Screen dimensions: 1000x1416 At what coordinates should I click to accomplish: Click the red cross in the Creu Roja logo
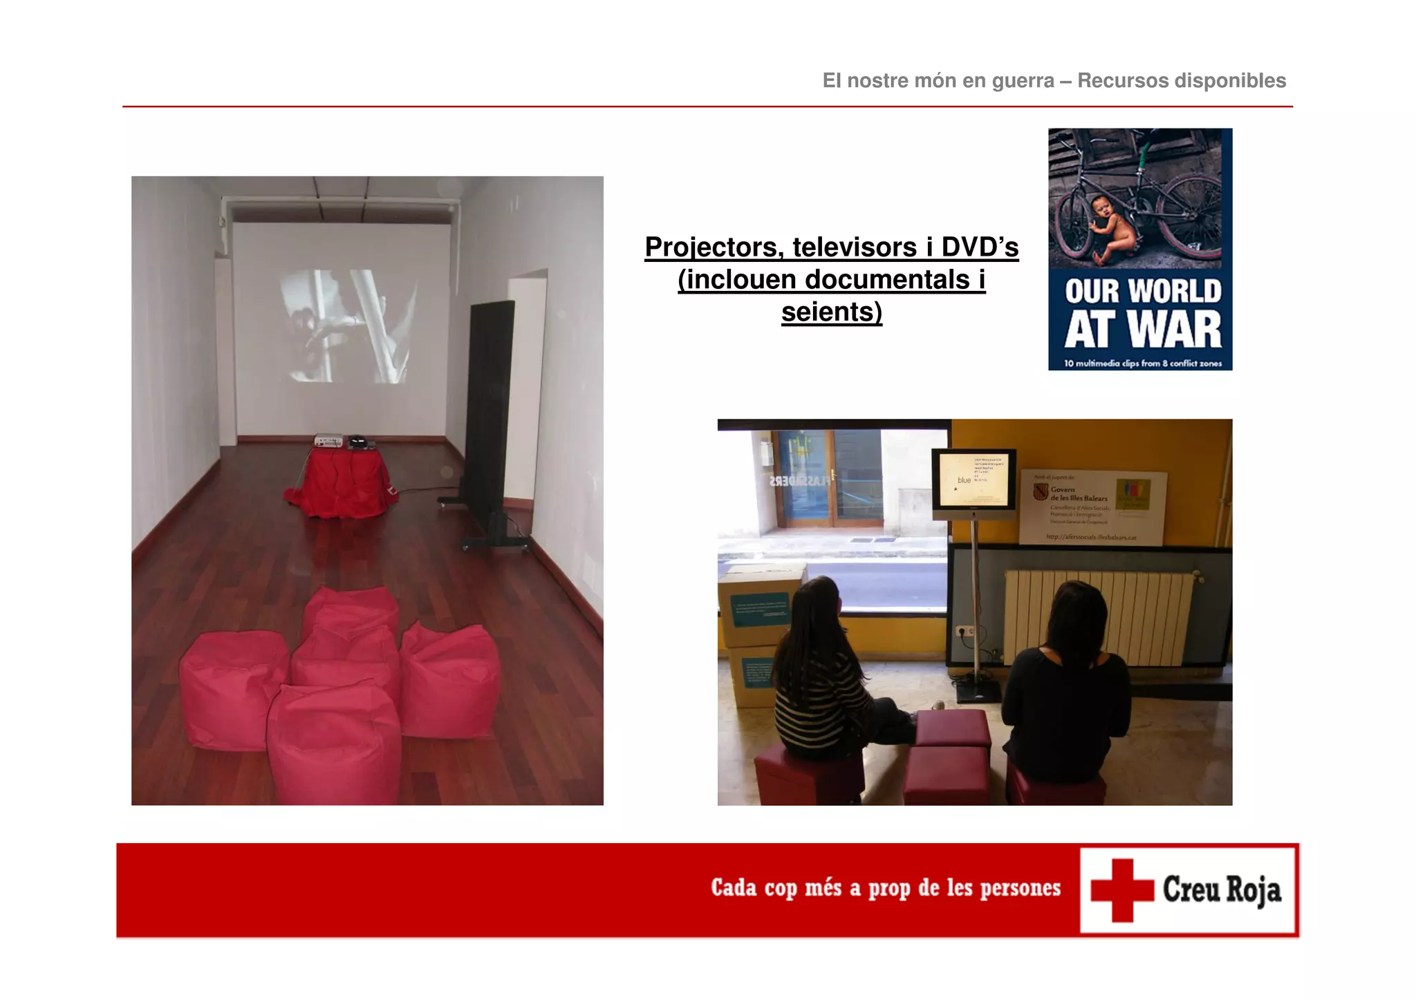[1122, 890]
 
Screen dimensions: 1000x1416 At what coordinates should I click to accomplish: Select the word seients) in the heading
[832, 312]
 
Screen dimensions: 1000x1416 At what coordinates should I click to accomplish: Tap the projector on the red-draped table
[328, 441]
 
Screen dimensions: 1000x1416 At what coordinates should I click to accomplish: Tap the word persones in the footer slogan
[1020, 888]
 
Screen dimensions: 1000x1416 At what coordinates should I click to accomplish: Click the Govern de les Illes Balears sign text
[1079, 494]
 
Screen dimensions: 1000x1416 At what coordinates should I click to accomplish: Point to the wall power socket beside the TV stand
[963, 631]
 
